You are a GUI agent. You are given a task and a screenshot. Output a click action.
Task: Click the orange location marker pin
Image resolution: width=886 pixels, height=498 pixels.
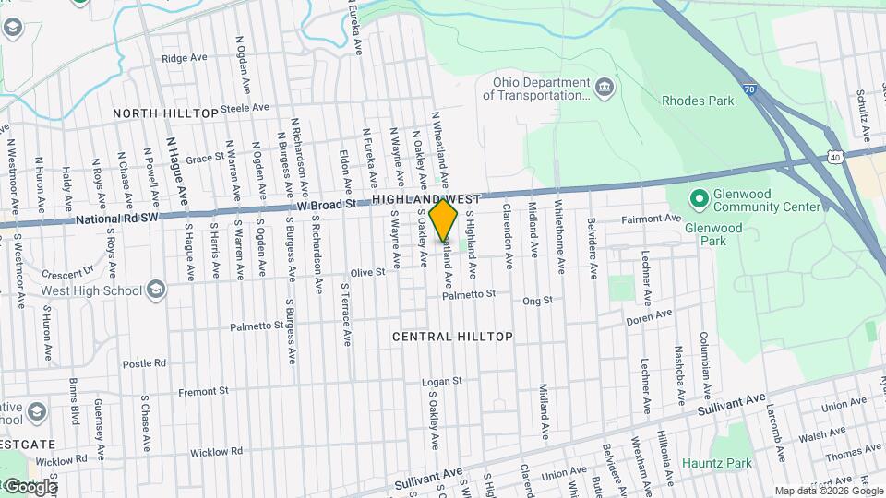[444, 219]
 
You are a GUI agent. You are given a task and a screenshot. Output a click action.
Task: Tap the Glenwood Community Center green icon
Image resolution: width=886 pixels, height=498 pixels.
[699, 196]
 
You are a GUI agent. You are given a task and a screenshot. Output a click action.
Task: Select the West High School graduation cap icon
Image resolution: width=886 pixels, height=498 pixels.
[156, 290]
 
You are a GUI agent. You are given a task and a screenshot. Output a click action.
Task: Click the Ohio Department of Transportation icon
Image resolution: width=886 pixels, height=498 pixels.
[605, 88]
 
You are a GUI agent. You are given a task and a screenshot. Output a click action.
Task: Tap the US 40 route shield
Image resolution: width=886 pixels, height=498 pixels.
[833, 158]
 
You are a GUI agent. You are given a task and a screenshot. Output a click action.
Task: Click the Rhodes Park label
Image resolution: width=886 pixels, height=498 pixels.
[699, 100]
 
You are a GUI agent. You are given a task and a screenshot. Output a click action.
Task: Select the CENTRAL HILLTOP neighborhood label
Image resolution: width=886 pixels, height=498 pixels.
[452, 337]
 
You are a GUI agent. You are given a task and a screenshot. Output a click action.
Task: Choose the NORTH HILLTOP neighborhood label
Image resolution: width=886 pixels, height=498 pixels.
[166, 113]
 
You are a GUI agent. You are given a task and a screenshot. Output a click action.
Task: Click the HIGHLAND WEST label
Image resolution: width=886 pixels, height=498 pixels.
[426, 199]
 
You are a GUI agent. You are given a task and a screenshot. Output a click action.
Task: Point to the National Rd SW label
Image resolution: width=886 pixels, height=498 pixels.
[118, 219]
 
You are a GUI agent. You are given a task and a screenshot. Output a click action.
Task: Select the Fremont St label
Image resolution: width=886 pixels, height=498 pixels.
[204, 391]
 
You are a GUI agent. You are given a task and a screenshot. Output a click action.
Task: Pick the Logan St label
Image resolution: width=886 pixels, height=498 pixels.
[441, 381]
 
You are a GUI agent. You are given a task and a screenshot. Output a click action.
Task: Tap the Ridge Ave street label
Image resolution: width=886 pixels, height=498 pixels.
[184, 57]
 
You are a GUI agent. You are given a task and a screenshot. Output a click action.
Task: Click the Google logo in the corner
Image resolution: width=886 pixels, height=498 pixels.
[30, 487]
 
